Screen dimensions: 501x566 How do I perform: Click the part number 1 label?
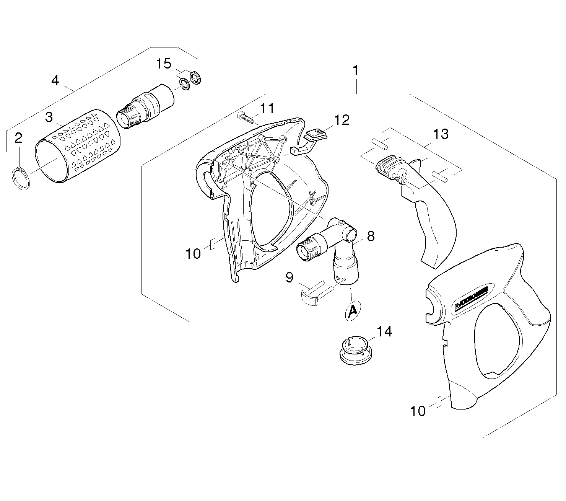pos(356,70)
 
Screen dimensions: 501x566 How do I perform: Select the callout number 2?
pos(18,139)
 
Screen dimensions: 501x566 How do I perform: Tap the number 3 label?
pos(49,117)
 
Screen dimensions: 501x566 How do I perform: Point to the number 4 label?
pos(55,80)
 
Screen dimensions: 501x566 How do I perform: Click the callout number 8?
pos(371,236)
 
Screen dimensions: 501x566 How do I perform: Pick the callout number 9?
pos(290,277)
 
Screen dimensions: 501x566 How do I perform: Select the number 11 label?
pos(267,109)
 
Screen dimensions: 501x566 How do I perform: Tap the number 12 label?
pos(342,120)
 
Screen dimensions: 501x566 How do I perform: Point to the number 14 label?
pos(384,331)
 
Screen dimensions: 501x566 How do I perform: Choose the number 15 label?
pos(164,64)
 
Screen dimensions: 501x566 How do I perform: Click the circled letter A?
pos(352,312)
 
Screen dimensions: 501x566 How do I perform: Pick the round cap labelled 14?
pos(356,349)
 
